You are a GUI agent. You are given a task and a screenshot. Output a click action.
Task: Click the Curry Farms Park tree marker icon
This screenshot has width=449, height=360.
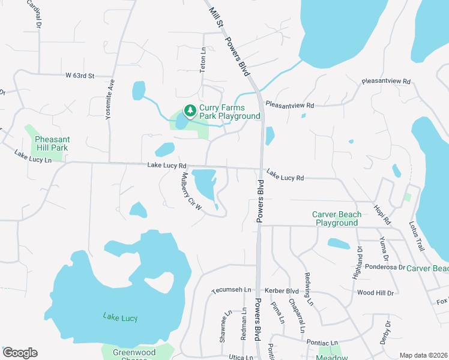click(190, 110)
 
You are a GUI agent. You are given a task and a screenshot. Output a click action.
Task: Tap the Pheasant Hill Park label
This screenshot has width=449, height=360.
click(47, 143)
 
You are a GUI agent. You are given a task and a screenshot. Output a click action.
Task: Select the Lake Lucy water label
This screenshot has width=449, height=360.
click(120, 317)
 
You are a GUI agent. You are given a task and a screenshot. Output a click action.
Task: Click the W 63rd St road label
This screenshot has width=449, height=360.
click(80, 76)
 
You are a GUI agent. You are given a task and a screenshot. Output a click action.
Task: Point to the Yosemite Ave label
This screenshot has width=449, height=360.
click(110, 101)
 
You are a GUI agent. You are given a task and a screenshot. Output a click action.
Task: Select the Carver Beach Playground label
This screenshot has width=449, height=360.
click(337, 218)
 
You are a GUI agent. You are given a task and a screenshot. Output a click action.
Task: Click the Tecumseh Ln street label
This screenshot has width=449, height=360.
click(231, 290)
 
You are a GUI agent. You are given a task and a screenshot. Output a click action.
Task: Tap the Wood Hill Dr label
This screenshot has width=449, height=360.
click(375, 293)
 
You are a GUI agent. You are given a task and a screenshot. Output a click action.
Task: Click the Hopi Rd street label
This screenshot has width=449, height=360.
click(382, 213)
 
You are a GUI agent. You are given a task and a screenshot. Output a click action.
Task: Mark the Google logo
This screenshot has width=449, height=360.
click(20, 353)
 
